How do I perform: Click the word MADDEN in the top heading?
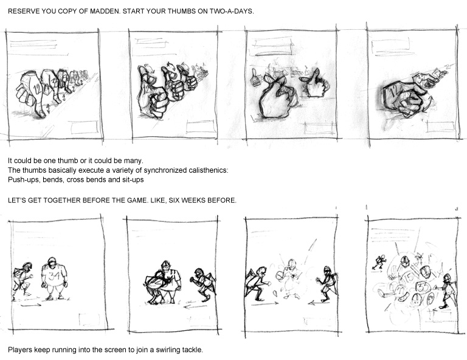coord(105,12)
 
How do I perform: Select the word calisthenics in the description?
coord(209,170)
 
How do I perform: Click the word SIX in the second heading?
coord(174,200)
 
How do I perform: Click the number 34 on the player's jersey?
coord(54,276)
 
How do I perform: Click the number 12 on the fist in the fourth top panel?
coord(392,91)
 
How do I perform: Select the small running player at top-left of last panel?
coord(379,263)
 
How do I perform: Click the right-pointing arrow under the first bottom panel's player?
coord(31,305)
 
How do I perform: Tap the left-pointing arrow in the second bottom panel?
coord(195,306)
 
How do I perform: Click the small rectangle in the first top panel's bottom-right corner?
coord(85,128)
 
